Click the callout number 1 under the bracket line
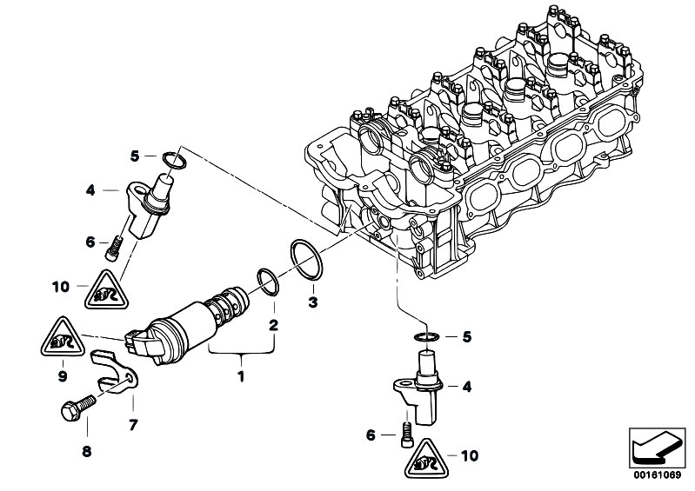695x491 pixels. pos(242,376)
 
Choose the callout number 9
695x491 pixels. pos(62,376)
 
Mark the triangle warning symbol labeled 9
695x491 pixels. pos(62,339)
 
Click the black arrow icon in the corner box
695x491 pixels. pos(651,448)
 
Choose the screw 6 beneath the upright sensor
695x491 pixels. pos(405,435)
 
